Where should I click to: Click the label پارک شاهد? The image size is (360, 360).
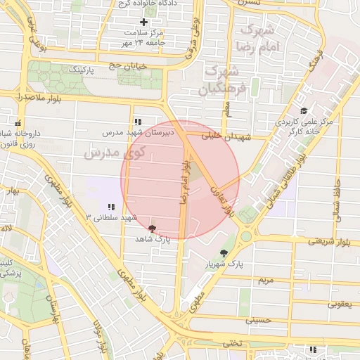pyautogui.click(x=153, y=240)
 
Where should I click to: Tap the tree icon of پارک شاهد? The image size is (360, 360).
pyautogui.click(x=153, y=229)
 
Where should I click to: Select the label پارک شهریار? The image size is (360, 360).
pyautogui.click(x=224, y=264)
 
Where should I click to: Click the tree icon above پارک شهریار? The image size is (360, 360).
pyautogui.click(x=224, y=252)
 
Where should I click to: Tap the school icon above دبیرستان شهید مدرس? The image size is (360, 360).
pyautogui.click(x=138, y=122)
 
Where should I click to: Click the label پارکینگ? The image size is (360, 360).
pyautogui.click(x=82, y=70)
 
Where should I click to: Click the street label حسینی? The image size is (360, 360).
pyautogui.click(x=257, y=320)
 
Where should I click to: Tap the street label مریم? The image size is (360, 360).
pyautogui.click(x=265, y=280)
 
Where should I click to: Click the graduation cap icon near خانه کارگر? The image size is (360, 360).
pyautogui.click(x=304, y=111)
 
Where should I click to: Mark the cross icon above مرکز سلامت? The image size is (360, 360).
pyautogui.click(x=143, y=22)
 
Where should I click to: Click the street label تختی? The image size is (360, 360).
pyautogui.click(x=231, y=343)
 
